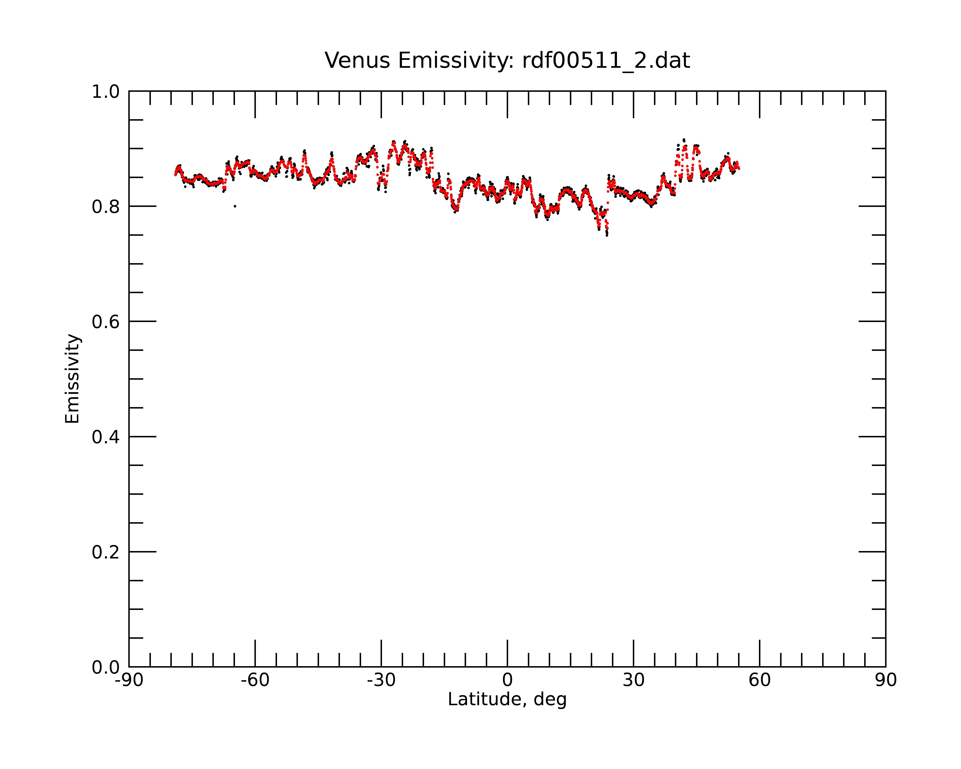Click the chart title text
[x=507, y=61]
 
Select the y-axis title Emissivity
[x=72, y=378]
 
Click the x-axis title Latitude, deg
[x=507, y=700]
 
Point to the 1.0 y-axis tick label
[x=106, y=92]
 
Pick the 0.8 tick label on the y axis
[x=106, y=207]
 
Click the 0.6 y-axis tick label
[x=106, y=322]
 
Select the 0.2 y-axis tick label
[x=106, y=552]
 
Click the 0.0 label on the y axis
[x=106, y=667]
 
